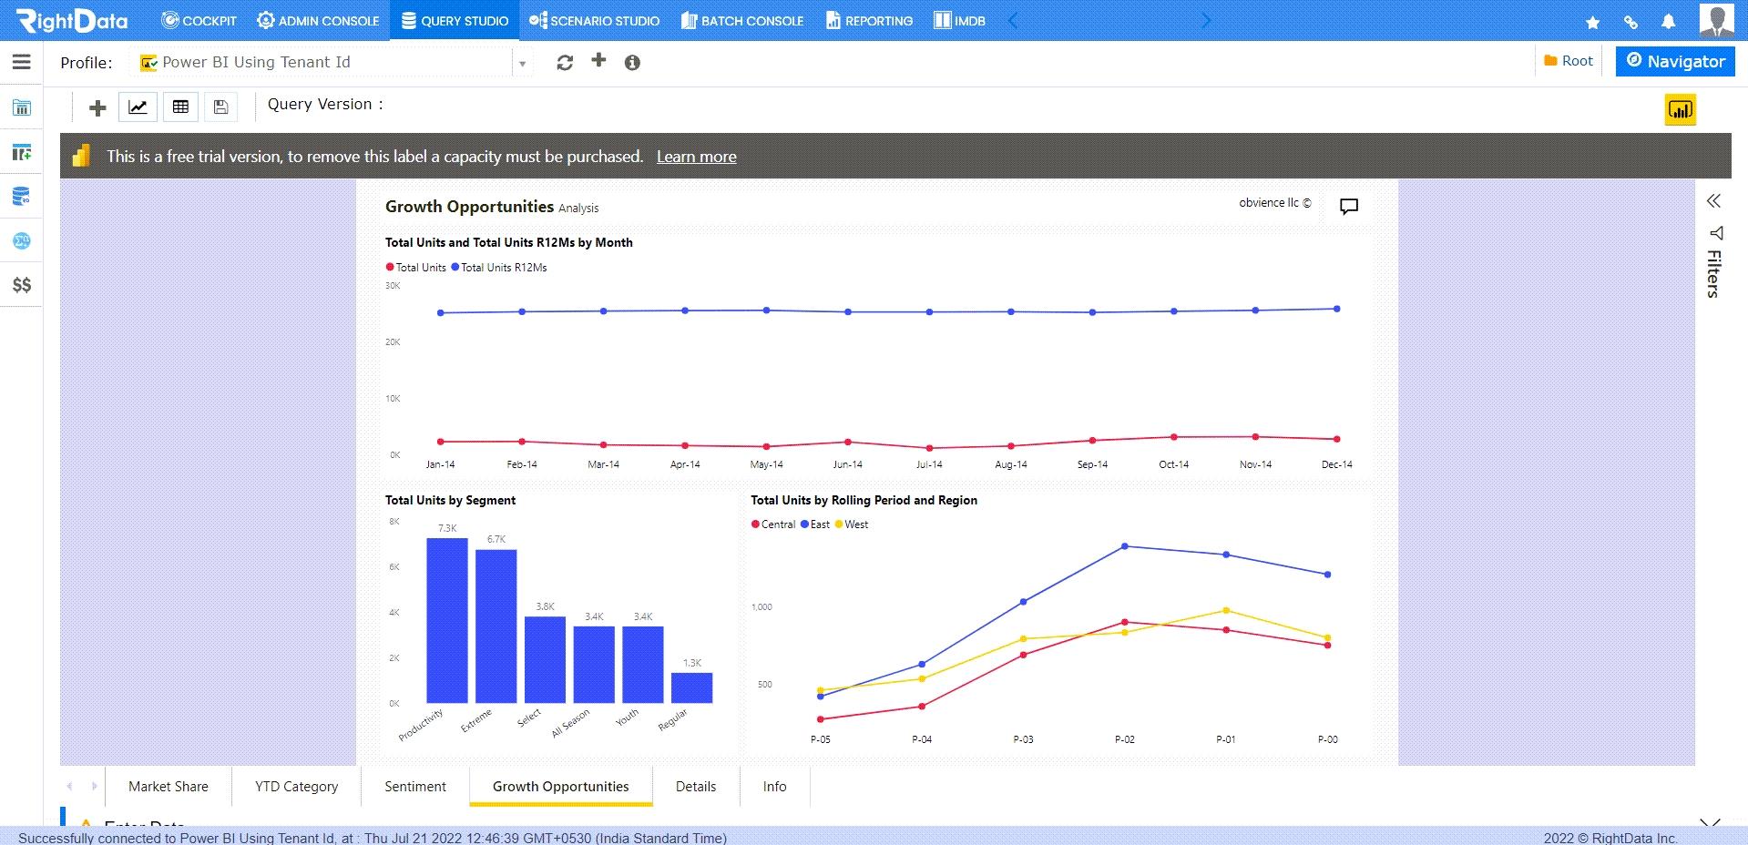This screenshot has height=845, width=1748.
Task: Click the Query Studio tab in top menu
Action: tap(455, 20)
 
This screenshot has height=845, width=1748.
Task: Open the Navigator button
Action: tap(1674, 61)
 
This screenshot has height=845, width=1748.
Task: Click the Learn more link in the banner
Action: tap(696, 157)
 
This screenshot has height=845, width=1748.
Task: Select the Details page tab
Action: tap(695, 786)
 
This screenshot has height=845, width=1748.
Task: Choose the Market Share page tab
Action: tap(168, 786)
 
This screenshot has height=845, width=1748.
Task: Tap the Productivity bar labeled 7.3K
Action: tap(446, 620)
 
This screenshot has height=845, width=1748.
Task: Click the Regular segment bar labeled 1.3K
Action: tap(691, 687)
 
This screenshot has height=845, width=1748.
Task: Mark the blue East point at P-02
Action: tap(1124, 546)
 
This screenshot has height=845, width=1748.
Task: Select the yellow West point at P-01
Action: tap(1225, 610)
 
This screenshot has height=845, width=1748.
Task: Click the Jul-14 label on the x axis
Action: tap(929, 464)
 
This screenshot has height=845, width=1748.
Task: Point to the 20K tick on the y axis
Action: tap(393, 342)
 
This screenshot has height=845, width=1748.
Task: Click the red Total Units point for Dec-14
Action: tap(1336, 439)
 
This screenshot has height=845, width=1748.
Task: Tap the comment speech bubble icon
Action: tap(1348, 207)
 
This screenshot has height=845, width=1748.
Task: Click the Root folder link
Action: tap(1569, 61)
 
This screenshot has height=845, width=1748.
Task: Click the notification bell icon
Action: tap(1668, 22)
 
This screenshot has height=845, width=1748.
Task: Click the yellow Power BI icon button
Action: tap(1679, 110)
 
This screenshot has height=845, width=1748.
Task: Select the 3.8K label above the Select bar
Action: tap(545, 606)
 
